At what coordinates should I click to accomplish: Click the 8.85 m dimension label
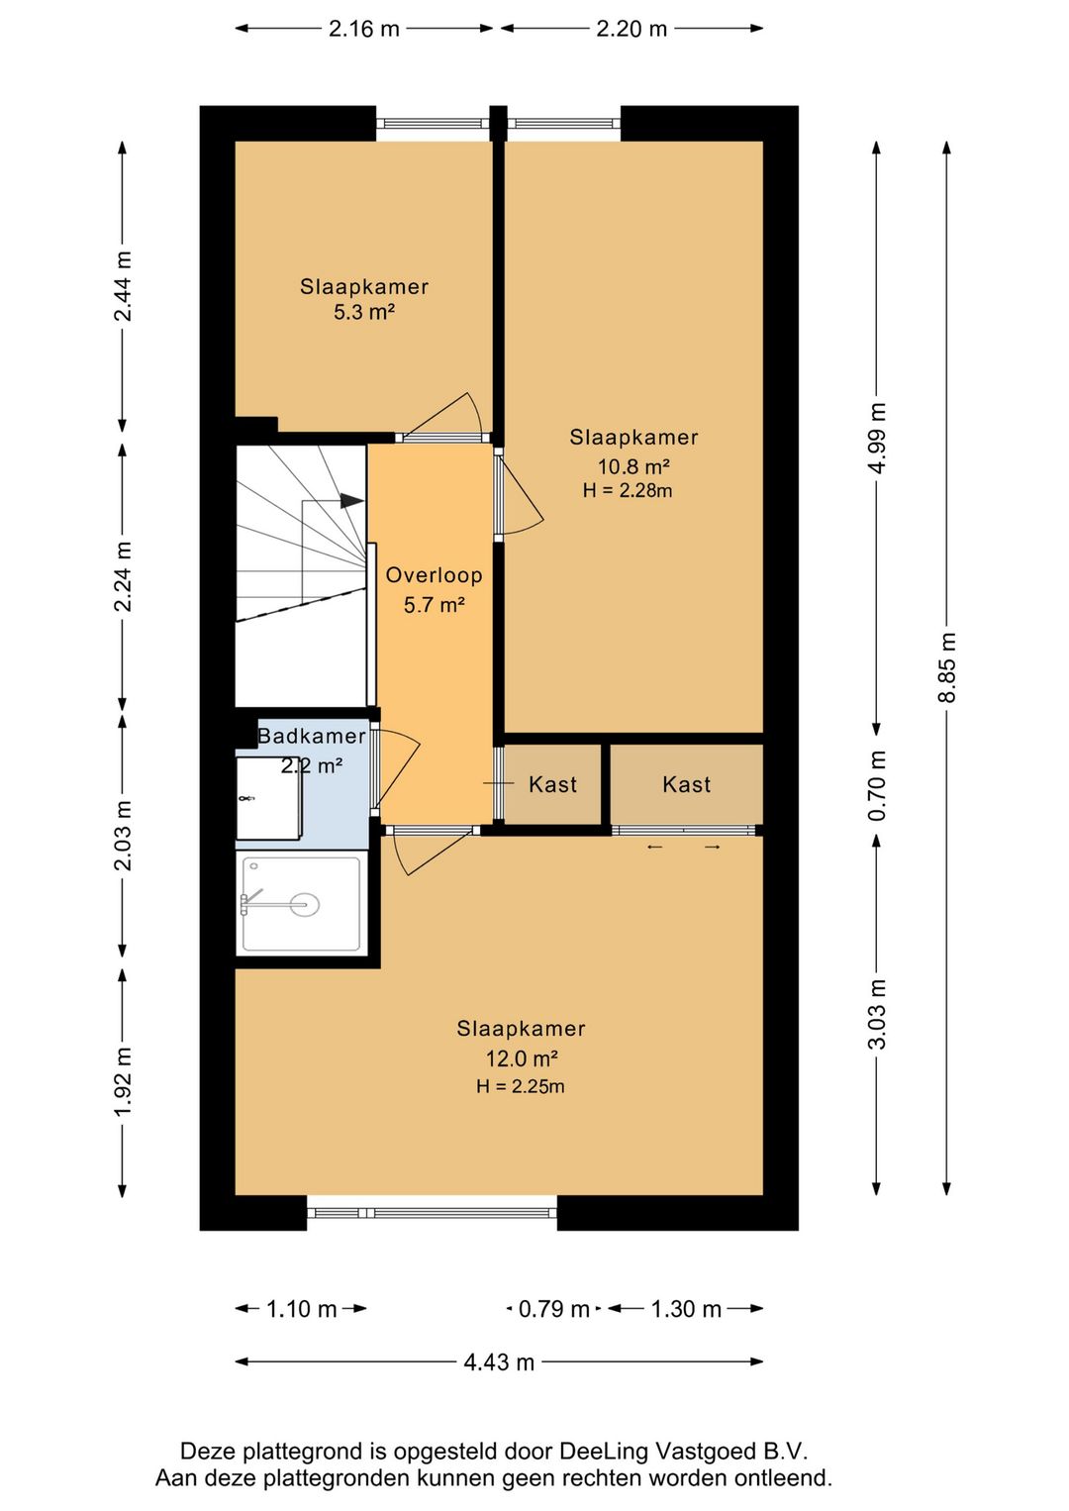click(x=946, y=666)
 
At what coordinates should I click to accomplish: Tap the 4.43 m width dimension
click(x=499, y=1361)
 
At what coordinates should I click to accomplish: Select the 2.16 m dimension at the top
click(x=363, y=29)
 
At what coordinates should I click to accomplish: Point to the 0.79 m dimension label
click(x=553, y=1309)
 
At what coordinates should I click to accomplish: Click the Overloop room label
click(x=434, y=574)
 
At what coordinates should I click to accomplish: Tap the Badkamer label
click(x=312, y=736)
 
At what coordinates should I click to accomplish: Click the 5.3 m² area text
click(x=363, y=312)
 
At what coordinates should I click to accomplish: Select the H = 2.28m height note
click(x=628, y=490)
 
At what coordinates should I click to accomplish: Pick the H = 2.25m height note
click(x=520, y=1086)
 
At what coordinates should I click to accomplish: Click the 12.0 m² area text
click(x=522, y=1058)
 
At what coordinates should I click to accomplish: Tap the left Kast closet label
click(x=552, y=784)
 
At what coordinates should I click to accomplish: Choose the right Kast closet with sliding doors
click(x=686, y=784)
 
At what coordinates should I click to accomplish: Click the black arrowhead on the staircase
click(x=351, y=500)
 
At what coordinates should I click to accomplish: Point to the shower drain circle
click(x=304, y=905)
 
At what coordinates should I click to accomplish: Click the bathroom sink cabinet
click(x=268, y=798)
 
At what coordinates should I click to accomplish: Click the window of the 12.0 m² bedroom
click(x=432, y=1212)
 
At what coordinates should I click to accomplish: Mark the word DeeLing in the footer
click(x=600, y=1451)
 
